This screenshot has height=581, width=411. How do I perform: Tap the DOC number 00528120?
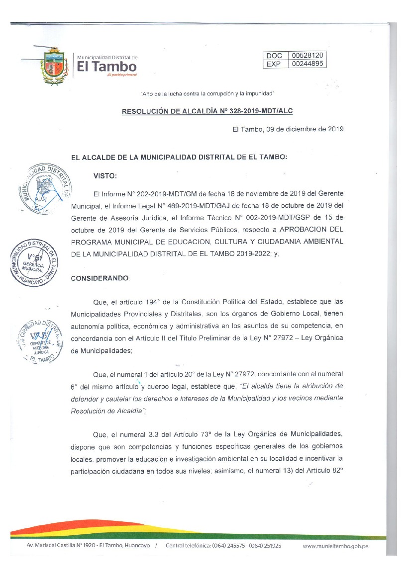[x=308, y=56]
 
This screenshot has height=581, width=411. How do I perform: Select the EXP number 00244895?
[x=308, y=64]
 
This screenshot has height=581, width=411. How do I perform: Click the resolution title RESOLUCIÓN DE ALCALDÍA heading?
[x=210, y=111]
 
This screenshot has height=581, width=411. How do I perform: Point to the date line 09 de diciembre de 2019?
[x=288, y=129]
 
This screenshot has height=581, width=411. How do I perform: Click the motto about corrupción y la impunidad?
[x=207, y=93]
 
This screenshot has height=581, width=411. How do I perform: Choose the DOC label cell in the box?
[x=274, y=56]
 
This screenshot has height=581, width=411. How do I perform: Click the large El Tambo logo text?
[x=106, y=66]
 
